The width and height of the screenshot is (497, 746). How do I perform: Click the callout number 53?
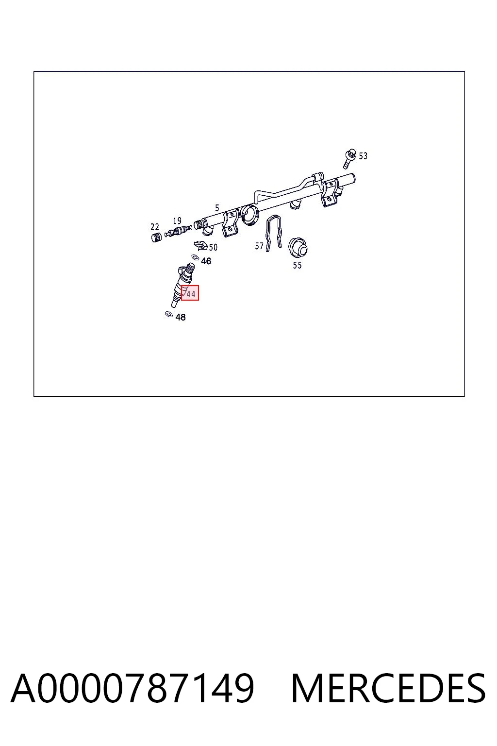[x=363, y=156]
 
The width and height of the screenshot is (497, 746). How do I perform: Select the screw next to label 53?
[x=349, y=158]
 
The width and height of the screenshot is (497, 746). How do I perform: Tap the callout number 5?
[x=217, y=208]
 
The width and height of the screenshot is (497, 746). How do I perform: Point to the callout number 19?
[x=177, y=220]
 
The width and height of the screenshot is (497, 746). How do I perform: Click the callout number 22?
[x=155, y=227]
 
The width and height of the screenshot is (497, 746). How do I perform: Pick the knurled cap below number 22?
[x=156, y=237]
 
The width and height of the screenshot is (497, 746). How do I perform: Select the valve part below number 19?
[x=178, y=231]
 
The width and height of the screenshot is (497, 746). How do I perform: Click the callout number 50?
[x=213, y=247]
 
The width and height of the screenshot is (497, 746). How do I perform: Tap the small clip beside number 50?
[x=201, y=245]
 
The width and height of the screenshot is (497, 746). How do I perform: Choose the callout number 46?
[x=206, y=261]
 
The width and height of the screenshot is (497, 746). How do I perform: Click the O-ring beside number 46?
[x=195, y=257]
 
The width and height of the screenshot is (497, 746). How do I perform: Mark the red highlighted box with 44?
[x=190, y=293]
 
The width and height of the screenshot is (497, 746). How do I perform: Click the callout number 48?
[x=181, y=317]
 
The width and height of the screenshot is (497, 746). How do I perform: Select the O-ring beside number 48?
[x=169, y=314]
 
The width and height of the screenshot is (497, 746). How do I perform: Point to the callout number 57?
[x=259, y=246]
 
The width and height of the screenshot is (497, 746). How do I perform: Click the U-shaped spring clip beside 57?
[x=274, y=234]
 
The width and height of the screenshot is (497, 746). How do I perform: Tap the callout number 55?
[x=297, y=266]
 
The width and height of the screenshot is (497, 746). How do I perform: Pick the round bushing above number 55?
[x=298, y=247]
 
